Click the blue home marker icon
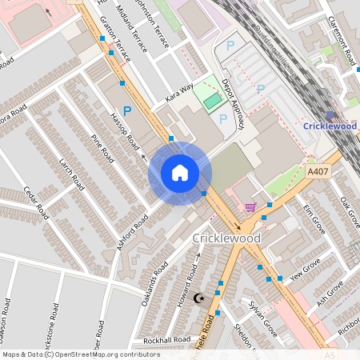point(180,172)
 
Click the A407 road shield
point(317,170)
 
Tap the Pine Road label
point(104,149)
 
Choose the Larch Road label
point(71,173)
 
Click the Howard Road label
point(191,277)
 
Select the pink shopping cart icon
point(250,206)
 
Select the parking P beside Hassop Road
point(127,111)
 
